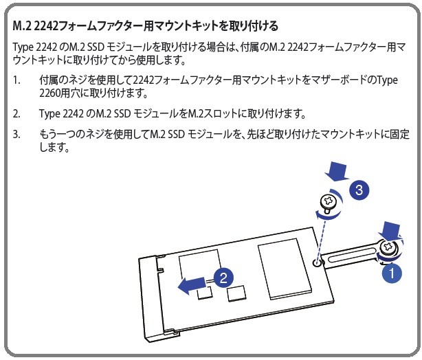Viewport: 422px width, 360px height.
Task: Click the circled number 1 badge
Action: click(392, 273)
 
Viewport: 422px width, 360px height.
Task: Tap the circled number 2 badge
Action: click(223, 278)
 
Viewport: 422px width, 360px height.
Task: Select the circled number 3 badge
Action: click(359, 190)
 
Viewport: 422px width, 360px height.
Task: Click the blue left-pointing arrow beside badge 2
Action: click(192, 285)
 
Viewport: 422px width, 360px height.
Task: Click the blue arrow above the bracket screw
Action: click(390, 230)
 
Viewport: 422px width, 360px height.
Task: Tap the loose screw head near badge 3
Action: click(329, 201)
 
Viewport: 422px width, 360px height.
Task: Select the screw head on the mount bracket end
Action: click(388, 247)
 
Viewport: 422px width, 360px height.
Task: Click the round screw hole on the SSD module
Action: click(318, 263)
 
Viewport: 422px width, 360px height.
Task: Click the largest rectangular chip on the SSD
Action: click(285, 269)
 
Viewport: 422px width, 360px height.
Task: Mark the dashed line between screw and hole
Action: click(322, 238)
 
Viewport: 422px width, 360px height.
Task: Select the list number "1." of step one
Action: click(16, 80)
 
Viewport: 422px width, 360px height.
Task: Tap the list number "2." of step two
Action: click(16, 113)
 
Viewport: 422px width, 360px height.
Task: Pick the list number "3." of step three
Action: click(16, 134)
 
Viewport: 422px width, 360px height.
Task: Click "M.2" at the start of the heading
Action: click(22, 26)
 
